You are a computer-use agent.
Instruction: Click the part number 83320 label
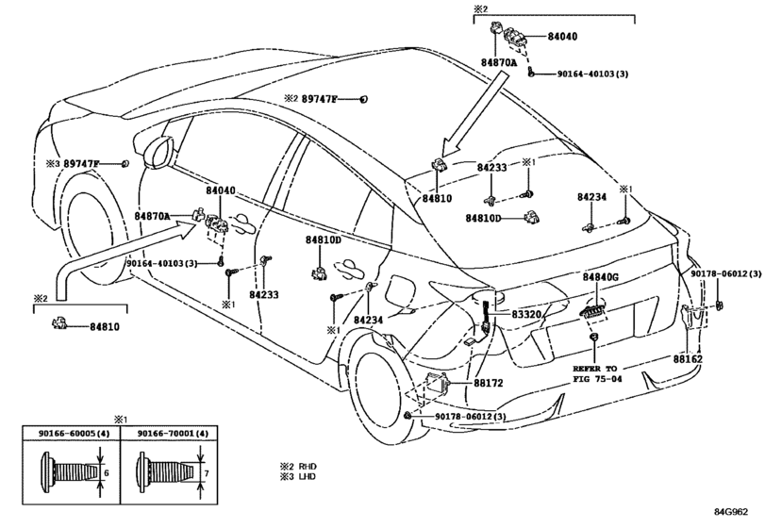526,315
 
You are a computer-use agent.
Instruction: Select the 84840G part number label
600,277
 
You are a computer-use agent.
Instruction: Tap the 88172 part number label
488,383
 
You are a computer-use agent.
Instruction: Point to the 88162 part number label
688,359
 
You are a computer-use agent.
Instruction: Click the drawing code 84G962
731,512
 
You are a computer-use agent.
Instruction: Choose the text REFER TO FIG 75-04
597,373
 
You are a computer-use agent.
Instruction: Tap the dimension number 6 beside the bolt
107,473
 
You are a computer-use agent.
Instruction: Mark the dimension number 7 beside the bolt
207,473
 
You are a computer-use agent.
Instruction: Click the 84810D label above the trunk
483,218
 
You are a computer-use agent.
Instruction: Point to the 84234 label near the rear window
591,197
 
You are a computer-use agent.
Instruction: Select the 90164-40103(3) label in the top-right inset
592,74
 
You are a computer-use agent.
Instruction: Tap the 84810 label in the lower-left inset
105,327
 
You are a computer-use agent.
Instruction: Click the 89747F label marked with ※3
81,164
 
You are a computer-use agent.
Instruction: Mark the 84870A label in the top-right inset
499,63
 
